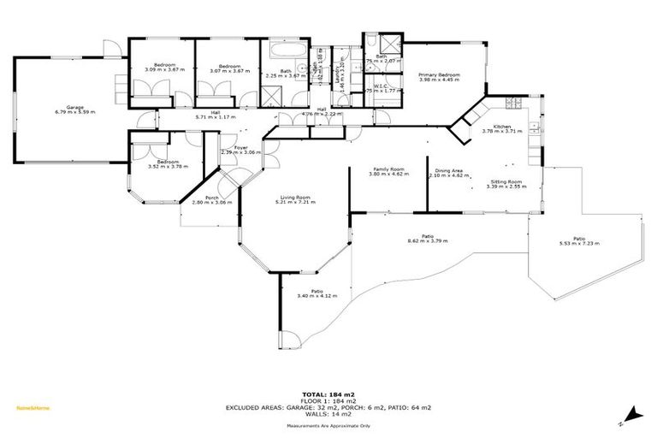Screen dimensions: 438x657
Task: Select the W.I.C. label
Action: point(379,86)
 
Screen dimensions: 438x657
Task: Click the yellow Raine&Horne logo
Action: point(33,408)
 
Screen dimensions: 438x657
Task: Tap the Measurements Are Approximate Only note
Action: point(328,425)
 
